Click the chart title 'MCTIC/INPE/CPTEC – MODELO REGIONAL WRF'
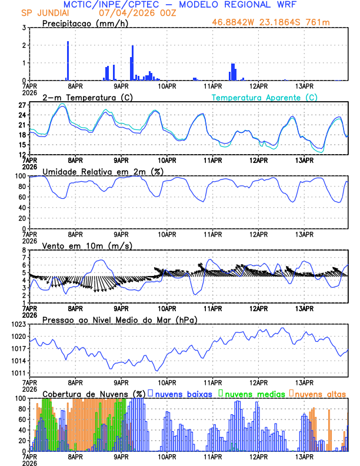180,4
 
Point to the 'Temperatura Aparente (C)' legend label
265,97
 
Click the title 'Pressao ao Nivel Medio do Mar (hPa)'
119,319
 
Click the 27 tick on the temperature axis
22,105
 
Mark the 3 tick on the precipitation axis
24,28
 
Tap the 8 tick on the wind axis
24,250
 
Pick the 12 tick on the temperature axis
22,154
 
